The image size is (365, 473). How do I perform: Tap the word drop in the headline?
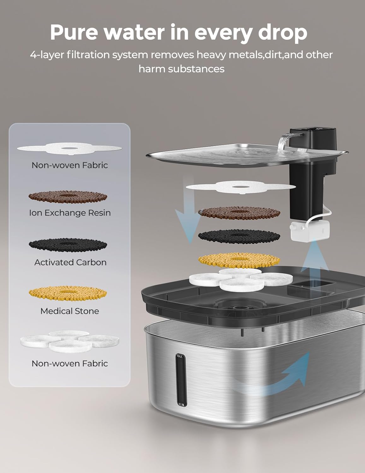pyautogui.click(x=282, y=33)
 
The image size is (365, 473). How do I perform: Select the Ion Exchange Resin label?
pyautogui.click(x=70, y=213)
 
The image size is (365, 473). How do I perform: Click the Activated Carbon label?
pyautogui.click(x=70, y=262)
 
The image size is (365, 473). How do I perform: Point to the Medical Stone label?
pyautogui.click(x=70, y=311)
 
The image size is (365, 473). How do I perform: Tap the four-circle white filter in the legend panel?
pyautogui.click(x=70, y=341)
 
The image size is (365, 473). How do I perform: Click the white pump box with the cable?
pyautogui.click(x=309, y=231)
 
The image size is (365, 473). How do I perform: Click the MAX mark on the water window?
pyautogui.click(x=180, y=356)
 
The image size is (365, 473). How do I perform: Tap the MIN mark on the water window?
pyautogui.click(x=181, y=405)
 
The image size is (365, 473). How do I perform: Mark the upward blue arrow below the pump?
pyautogui.click(x=314, y=257)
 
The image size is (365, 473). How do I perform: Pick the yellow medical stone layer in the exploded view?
pyautogui.click(x=239, y=260)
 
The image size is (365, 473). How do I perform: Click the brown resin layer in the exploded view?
pyautogui.click(x=239, y=213)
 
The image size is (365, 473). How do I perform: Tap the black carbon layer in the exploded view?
pyautogui.click(x=239, y=237)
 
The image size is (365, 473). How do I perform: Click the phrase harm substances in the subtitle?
pyautogui.click(x=181, y=69)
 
